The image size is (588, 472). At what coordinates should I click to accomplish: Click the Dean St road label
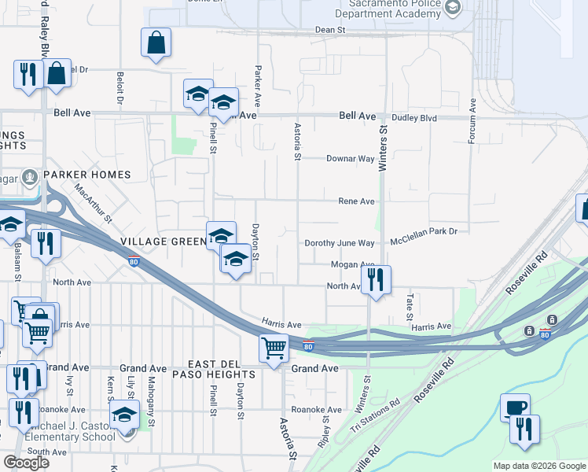point(330,29)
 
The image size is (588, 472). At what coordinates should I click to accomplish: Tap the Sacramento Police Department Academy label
point(391,9)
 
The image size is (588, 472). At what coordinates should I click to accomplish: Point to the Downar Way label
point(350,158)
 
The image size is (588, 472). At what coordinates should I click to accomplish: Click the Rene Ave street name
point(356,201)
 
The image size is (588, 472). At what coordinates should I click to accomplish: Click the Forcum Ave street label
point(472,121)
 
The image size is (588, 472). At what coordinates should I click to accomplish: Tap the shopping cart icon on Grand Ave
point(274,347)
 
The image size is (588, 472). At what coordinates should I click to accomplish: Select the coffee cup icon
point(515,407)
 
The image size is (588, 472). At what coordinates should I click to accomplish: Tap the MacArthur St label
point(95,201)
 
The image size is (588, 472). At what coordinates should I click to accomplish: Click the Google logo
point(26,463)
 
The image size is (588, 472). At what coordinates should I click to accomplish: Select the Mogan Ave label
point(352,265)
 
